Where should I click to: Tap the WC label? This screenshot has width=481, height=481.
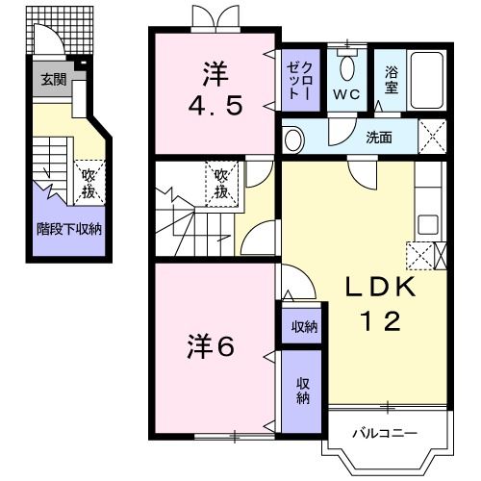[x=347, y=96]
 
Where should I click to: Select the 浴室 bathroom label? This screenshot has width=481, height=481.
[x=392, y=78]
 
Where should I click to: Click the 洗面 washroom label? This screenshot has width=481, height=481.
[x=378, y=137]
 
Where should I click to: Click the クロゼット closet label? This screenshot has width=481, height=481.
[x=294, y=79]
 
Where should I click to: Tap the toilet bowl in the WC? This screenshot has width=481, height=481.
[x=347, y=68]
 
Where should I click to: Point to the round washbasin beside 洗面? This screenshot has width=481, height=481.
[x=296, y=136]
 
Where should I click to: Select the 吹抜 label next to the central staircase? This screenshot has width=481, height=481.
[x=221, y=183]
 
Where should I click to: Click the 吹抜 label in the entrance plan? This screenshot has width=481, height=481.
[x=88, y=181]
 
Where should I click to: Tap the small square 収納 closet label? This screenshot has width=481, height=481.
[x=304, y=327]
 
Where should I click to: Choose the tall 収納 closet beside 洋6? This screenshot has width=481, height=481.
[x=302, y=392]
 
